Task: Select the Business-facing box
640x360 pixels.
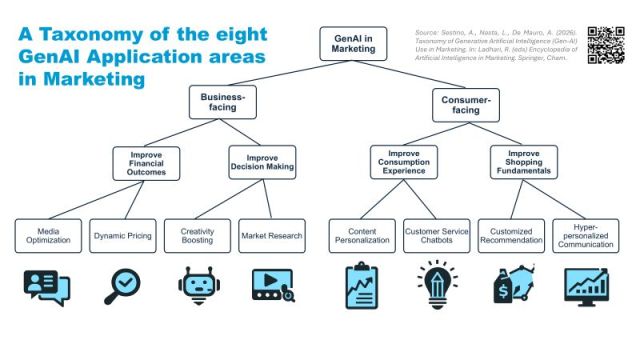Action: coord(224,101)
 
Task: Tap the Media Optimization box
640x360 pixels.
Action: coord(48,235)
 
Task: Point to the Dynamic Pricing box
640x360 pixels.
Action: coord(122,235)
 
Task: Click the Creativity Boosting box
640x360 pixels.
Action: coord(198,235)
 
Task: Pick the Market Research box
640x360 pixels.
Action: coord(270,235)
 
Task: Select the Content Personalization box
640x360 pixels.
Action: coord(362,235)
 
